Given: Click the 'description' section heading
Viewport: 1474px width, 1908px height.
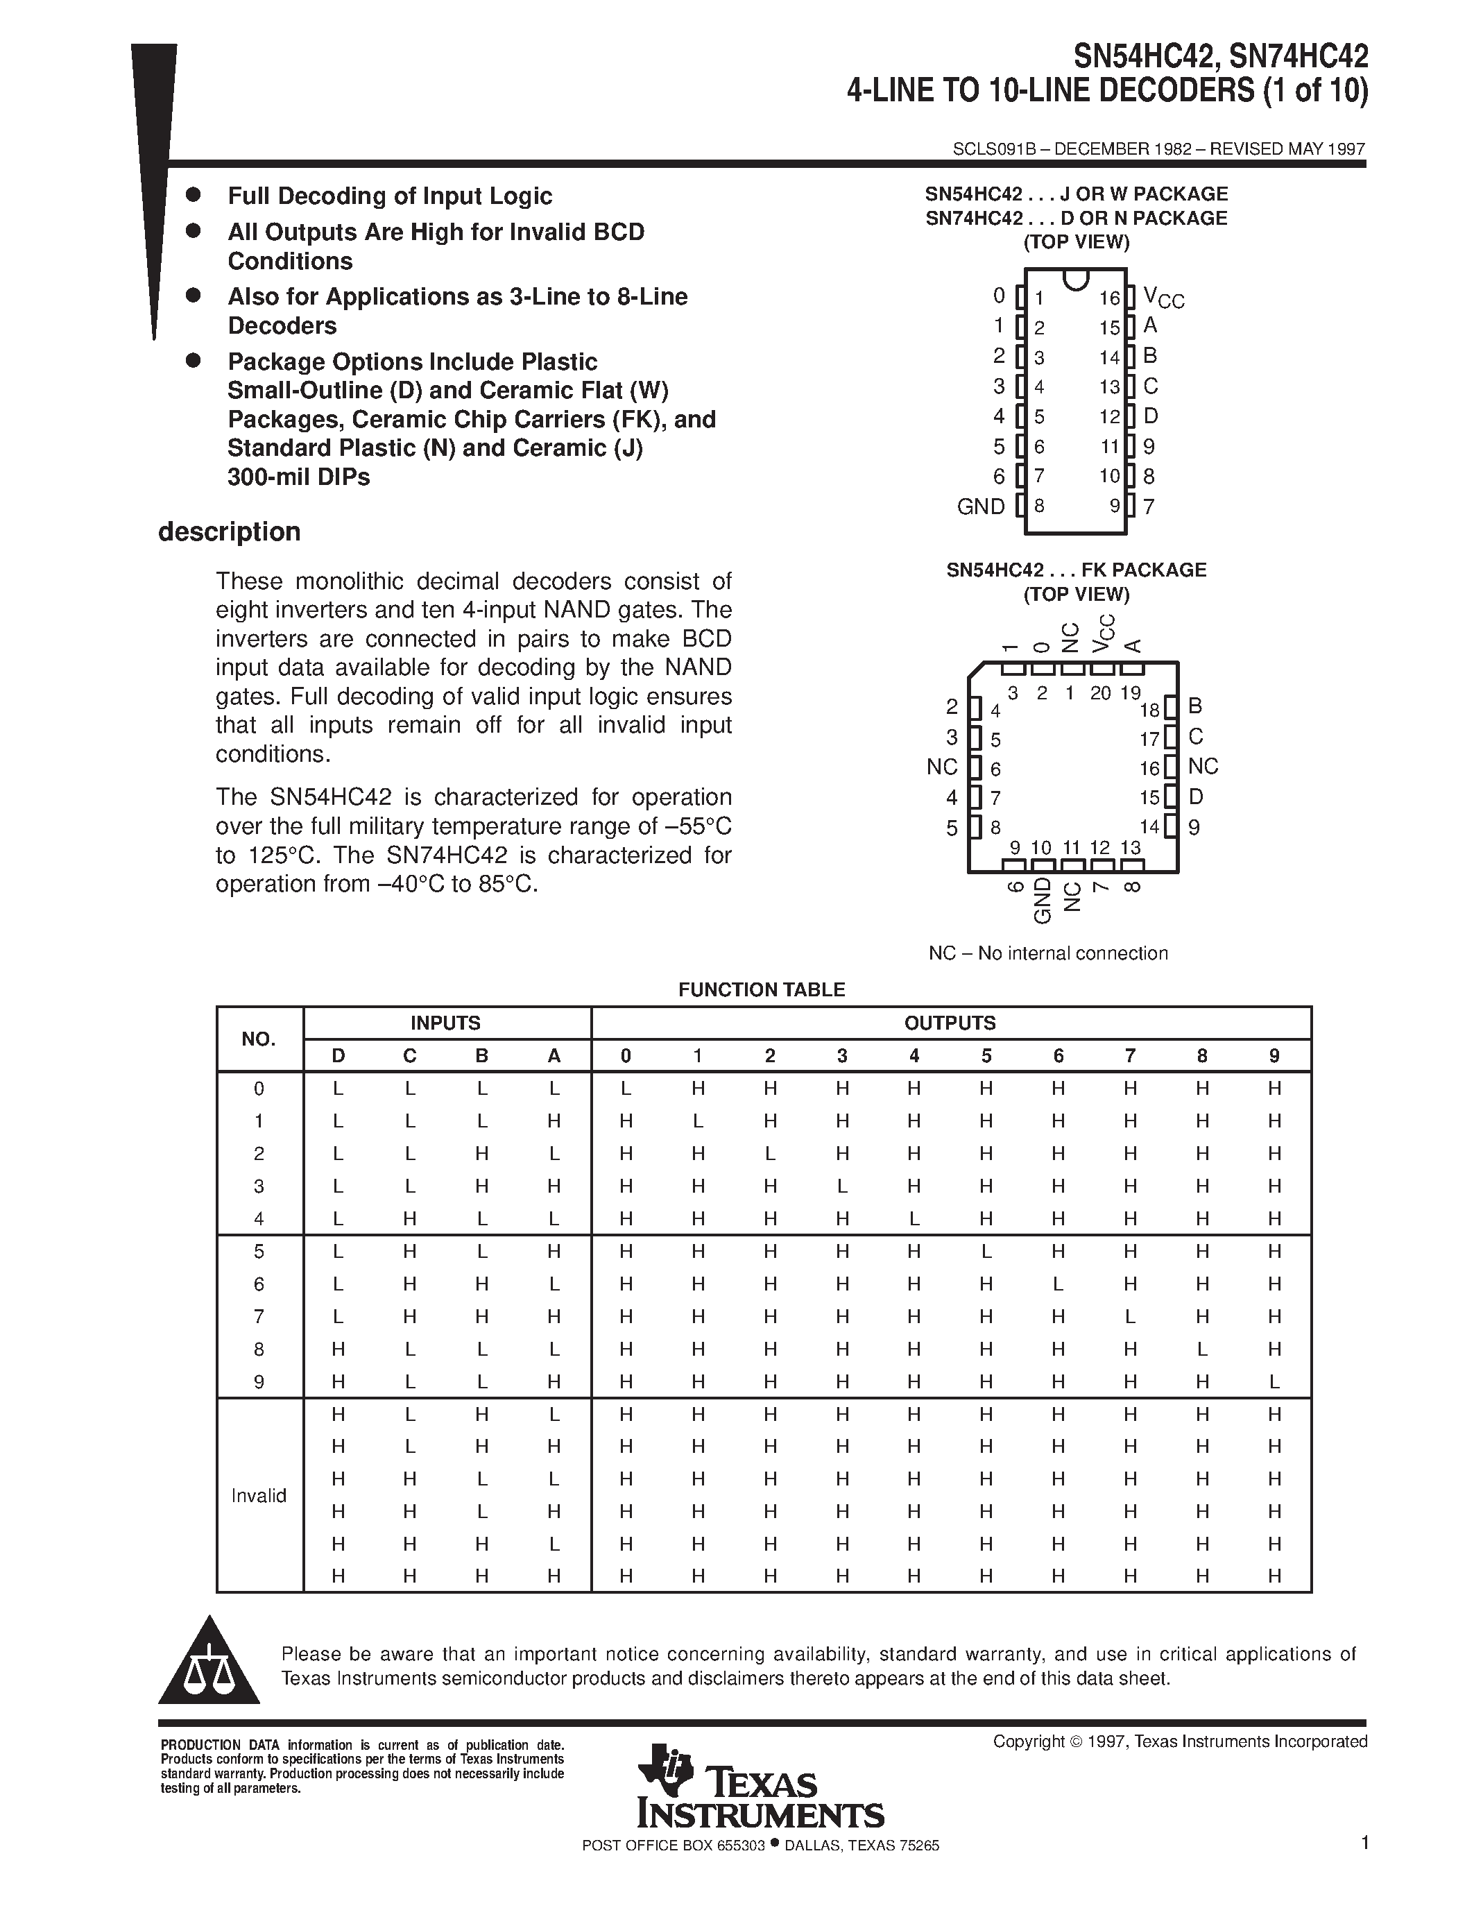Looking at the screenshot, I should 229,532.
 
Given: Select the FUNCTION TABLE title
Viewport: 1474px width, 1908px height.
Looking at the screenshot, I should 762,989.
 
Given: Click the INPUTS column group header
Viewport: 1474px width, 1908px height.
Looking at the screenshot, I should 445,1023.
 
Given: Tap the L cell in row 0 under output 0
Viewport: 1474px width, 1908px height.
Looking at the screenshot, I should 625,1089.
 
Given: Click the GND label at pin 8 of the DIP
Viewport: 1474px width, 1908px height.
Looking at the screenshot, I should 981,506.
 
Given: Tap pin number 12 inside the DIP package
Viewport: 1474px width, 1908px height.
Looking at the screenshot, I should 1109,417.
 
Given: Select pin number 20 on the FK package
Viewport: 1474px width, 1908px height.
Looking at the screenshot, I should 1100,693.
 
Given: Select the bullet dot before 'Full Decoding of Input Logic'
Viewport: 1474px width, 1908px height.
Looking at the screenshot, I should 194,194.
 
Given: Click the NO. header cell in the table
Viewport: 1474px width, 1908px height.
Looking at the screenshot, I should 259,1039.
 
